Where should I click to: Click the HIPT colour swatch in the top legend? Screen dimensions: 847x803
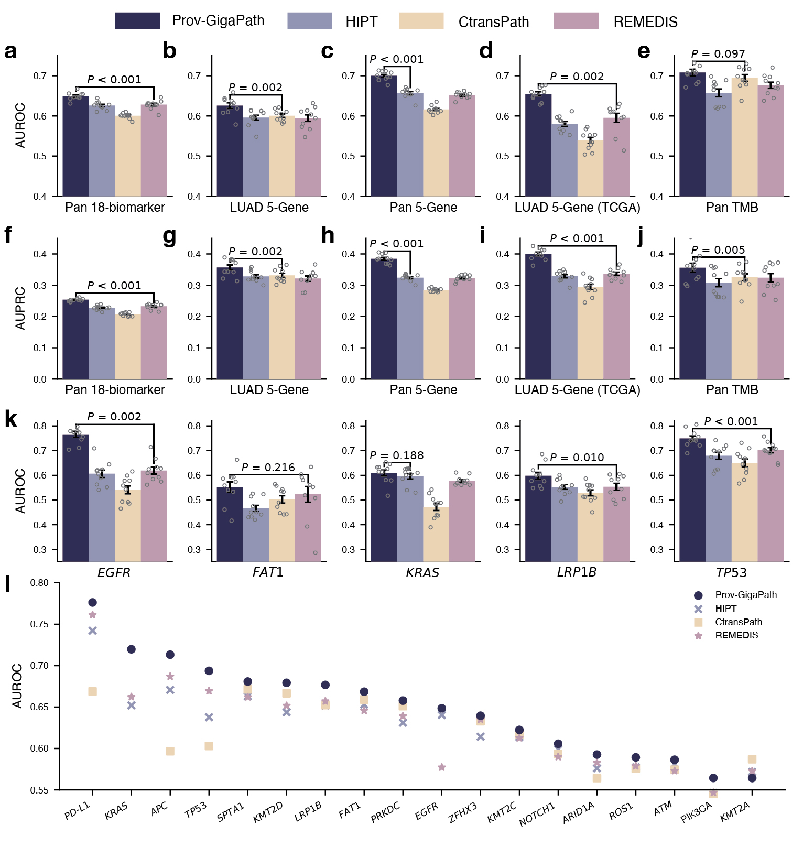coord(310,21)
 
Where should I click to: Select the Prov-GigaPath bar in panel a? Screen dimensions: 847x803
coord(75,147)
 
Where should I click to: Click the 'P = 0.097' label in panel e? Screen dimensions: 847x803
coord(718,54)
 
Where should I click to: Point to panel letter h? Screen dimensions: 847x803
coord(328,236)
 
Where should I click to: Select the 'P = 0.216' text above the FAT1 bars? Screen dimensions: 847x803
coord(268,468)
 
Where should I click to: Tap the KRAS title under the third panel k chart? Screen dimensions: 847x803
coord(422,572)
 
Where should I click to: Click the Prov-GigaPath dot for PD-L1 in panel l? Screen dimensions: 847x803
coord(93,602)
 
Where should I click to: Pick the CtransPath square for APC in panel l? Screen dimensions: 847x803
coord(170,751)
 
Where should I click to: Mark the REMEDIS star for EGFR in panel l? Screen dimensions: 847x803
coord(441,767)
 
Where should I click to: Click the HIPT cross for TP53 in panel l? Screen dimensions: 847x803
coord(209,717)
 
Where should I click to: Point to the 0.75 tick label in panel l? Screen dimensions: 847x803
coord(39,624)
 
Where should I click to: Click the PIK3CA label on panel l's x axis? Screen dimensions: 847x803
coord(696,812)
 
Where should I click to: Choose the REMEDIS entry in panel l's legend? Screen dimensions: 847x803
coord(736,635)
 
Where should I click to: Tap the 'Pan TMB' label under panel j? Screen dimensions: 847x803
coord(732,390)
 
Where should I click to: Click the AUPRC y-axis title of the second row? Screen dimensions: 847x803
coord(20,308)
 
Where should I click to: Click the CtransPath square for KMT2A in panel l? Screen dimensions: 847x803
coord(752,759)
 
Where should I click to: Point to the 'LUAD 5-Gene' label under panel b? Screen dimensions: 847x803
coord(269,208)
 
